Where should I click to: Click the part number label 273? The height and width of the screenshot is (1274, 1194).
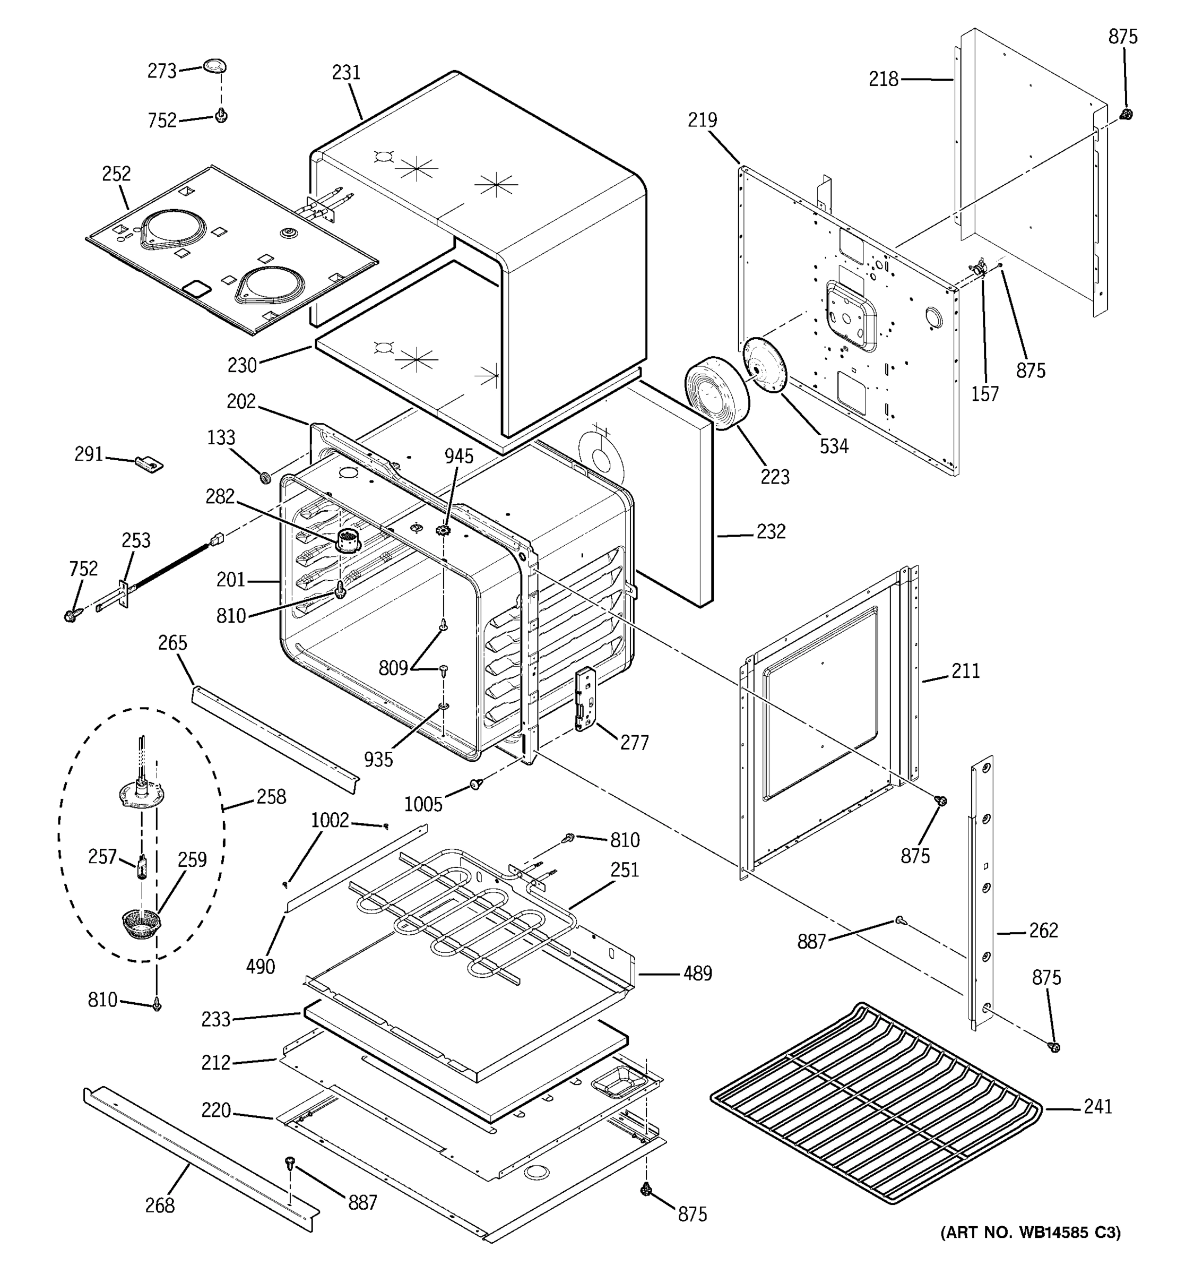(161, 71)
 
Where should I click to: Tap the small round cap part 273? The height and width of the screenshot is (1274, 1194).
(215, 65)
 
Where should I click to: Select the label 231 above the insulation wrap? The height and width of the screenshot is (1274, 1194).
(346, 73)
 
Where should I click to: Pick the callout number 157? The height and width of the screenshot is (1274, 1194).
(984, 394)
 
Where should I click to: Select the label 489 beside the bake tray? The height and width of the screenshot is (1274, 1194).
(697, 974)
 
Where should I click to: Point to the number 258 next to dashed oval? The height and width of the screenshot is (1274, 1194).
(271, 797)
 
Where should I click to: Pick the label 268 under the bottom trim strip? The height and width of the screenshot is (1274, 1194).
(160, 1206)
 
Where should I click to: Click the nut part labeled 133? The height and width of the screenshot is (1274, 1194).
(264, 477)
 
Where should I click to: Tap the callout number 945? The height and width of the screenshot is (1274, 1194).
(458, 457)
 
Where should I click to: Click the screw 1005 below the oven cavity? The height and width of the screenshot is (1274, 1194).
(476, 784)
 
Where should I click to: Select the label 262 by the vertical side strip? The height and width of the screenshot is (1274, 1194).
(1043, 931)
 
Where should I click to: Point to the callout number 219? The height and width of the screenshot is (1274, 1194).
(702, 120)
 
